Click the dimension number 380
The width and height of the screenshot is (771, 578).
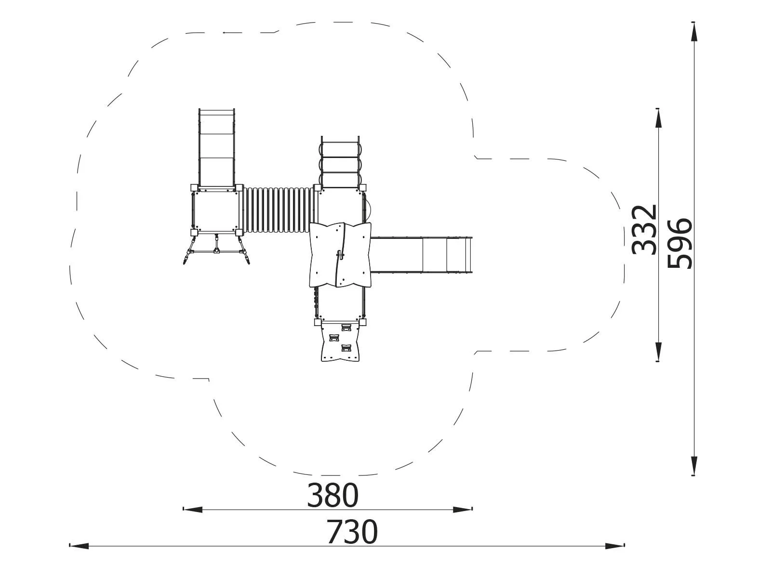point(333,496)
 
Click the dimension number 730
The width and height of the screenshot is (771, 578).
point(352,532)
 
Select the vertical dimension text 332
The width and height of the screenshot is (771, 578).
point(644,230)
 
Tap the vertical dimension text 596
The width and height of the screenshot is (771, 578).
point(679,243)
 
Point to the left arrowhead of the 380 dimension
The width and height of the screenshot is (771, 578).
point(192,509)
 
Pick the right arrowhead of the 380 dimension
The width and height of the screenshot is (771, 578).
point(463,509)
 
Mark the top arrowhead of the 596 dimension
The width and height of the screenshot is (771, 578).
point(693,32)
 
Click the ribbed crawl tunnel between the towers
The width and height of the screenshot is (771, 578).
point(278,210)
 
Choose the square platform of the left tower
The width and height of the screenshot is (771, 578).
point(215,210)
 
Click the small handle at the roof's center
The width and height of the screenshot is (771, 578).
point(341,255)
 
